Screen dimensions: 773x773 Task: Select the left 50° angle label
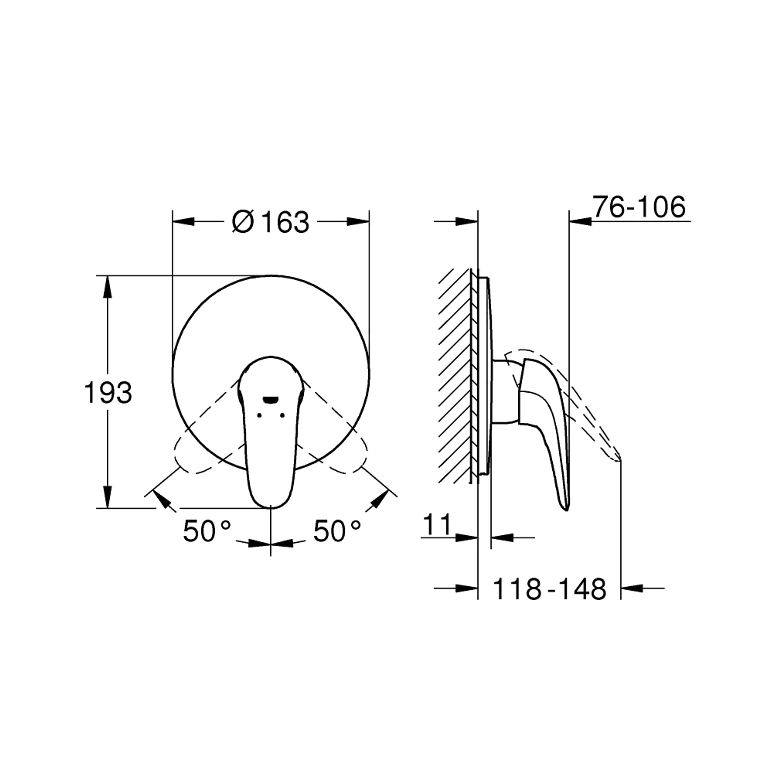[x=207, y=531]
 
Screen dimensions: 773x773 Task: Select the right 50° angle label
[x=337, y=531]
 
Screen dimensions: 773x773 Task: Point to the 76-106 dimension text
[x=639, y=207]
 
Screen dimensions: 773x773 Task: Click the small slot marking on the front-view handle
[x=271, y=399]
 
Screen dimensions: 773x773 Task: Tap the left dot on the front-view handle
[x=259, y=415]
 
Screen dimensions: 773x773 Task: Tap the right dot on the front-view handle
[x=283, y=415]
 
